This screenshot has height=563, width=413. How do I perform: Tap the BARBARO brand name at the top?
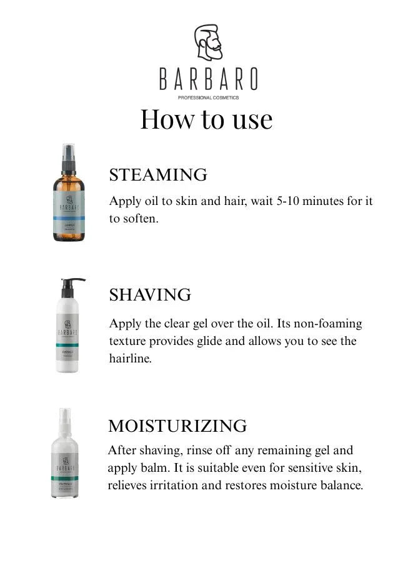tap(207, 79)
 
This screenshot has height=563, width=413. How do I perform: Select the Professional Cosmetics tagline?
tap(208, 97)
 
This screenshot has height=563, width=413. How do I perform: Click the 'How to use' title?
tap(206, 119)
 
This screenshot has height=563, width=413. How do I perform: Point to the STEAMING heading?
tap(158, 175)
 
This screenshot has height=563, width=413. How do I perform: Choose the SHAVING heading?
tap(150, 295)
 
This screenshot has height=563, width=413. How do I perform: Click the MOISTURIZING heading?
tap(177, 426)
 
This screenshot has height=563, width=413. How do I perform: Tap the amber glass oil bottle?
tap(68, 200)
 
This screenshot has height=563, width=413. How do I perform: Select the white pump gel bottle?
tap(67, 331)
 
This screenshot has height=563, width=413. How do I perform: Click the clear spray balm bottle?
tap(65, 459)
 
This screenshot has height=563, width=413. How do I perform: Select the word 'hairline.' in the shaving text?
tap(130, 359)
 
